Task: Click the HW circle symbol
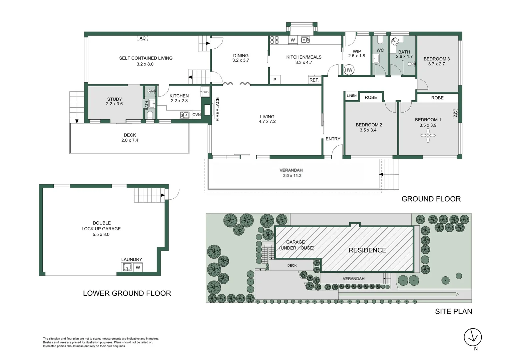[x=349, y=70]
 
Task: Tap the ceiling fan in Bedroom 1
[x=428, y=136]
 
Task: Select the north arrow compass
[x=473, y=337]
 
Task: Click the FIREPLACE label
[x=217, y=109]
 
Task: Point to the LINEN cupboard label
[x=352, y=96]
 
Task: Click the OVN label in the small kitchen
[x=196, y=115]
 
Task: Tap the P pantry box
[x=275, y=80]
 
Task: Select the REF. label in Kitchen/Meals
[x=315, y=80]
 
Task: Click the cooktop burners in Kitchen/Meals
[x=275, y=40]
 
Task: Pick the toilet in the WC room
[x=380, y=40]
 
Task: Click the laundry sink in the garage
[x=127, y=267]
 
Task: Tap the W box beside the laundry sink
[x=138, y=268]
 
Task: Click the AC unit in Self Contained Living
[x=142, y=38]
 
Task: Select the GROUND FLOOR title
[x=431, y=199]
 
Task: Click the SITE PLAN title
[x=454, y=311]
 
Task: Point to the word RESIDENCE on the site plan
[x=367, y=250]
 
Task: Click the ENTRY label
[x=333, y=139]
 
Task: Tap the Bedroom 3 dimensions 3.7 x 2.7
[x=437, y=64]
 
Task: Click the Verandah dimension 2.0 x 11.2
[x=292, y=175]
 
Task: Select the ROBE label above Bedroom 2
[x=371, y=97]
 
